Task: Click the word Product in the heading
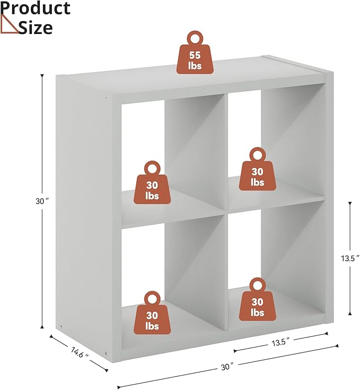pyautogui.click(x=36, y=8)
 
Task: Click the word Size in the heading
pyautogui.click(x=36, y=28)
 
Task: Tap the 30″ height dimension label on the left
pyautogui.click(x=41, y=201)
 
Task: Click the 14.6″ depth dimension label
pyautogui.click(x=80, y=353)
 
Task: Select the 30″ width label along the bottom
pyautogui.click(x=227, y=367)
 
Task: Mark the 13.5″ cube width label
pyautogui.click(x=281, y=342)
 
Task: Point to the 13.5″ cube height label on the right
pyautogui.click(x=350, y=258)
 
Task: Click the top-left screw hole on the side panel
pyautogui.click(x=62, y=83)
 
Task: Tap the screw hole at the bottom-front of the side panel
pyautogui.click(x=106, y=353)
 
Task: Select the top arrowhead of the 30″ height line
pyautogui.click(x=42, y=75)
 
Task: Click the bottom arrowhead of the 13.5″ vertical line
pyautogui.click(x=350, y=314)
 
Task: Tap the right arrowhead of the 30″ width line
pyautogui.click(x=337, y=345)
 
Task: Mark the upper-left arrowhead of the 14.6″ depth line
pyautogui.click(x=51, y=336)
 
